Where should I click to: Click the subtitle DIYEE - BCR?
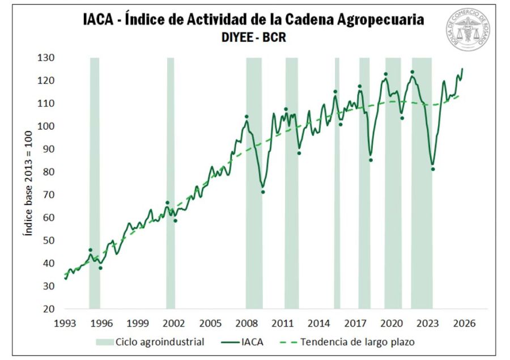[x=254, y=39]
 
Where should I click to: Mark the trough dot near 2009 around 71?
[x=263, y=192]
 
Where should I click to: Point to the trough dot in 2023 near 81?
[x=433, y=169]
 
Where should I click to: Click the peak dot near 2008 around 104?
[x=246, y=117]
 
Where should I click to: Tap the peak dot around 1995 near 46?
[x=90, y=250]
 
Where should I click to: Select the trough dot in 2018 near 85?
[x=371, y=160]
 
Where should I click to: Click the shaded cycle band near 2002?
[x=171, y=181]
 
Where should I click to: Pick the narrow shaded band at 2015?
[x=337, y=181]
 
